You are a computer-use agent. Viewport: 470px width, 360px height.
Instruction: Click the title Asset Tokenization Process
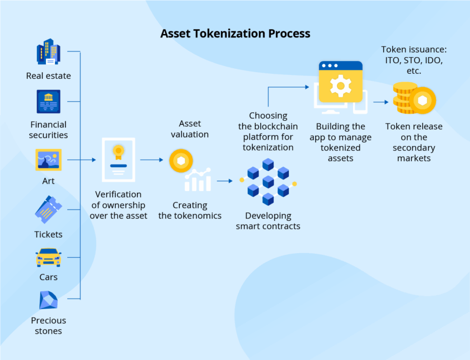[235, 34]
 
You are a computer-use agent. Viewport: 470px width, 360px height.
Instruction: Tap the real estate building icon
[49, 52]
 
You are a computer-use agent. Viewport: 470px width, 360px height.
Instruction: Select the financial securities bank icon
[49, 102]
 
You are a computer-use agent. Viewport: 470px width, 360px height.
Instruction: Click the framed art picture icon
[49, 160]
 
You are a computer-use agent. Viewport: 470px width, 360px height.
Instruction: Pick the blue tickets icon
[49, 210]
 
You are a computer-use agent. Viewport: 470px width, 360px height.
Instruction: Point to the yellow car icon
[49, 258]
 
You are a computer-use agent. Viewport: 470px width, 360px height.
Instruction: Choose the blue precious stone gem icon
[49, 301]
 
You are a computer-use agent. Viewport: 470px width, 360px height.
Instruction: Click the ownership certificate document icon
[118, 160]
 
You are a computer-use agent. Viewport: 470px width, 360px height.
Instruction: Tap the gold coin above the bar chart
[181, 160]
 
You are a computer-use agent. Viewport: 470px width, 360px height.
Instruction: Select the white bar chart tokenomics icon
[198, 179]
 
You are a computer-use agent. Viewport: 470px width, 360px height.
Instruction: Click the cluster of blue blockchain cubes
[268, 181]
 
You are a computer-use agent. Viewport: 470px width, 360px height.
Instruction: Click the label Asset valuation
[190, 129]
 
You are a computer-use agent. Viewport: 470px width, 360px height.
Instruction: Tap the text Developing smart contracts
[268, 221]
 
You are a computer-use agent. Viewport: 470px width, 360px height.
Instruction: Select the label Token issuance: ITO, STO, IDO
[414, 60]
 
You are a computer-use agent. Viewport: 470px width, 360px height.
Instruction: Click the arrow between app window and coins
[380, 102]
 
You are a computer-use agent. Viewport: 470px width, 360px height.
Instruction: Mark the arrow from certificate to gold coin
[151, 160]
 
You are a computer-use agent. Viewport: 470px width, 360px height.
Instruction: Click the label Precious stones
[49, 325]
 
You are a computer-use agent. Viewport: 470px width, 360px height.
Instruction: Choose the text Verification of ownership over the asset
[119, 205]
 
